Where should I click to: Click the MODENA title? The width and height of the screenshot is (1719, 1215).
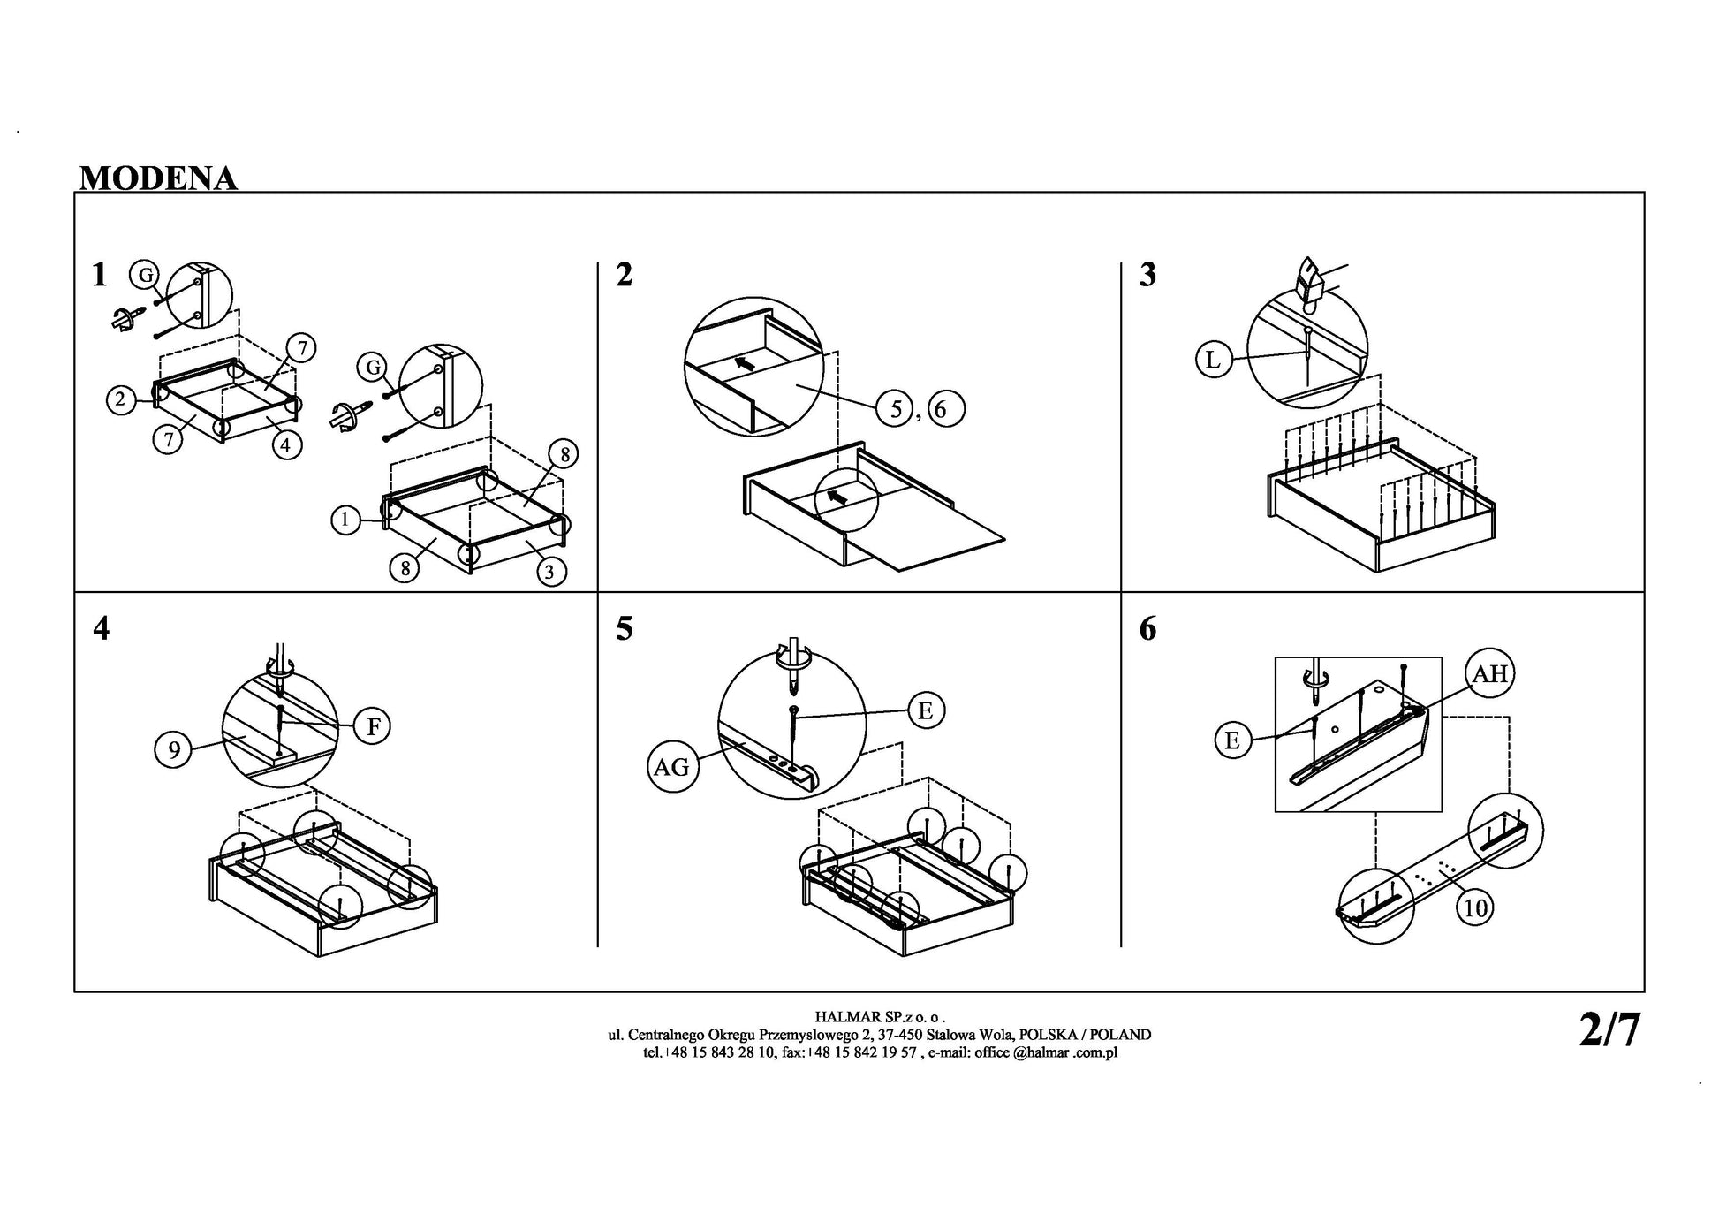click(x=158, y=178)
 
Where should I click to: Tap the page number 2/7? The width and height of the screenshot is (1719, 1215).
click(x=1609, y=1029)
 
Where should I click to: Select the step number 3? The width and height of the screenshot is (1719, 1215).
click(x=1147, y=275)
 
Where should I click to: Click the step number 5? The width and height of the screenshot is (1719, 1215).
click(x=625, y=629)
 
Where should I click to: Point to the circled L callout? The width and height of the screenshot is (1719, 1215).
click(x=1214, y=360)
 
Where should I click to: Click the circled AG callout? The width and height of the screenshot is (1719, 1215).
click(x=671, y=767)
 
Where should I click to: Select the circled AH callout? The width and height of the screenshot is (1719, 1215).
click(x=1490, y=674)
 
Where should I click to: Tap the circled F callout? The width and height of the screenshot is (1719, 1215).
click(x=373, y=726)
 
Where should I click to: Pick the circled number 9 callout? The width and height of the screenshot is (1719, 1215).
click(x=174, y=750)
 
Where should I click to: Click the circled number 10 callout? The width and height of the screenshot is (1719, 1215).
click(x=1476, y=907)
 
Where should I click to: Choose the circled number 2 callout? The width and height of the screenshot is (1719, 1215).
click(x=121, y=399)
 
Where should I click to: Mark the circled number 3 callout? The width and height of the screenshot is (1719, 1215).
click(x=549, y=572)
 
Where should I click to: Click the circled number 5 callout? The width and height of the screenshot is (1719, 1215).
click(x=896, y=408)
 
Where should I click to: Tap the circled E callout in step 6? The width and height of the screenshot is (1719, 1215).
click(x=1232, y=740)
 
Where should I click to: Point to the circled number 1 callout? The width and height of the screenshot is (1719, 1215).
click(x=345, y=520)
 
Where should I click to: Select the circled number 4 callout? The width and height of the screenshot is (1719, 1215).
click(x=285, y=445)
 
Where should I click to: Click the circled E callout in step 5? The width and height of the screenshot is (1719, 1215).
click(x=926, y=710)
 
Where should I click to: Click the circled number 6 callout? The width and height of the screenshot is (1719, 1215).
click(x=946, y=408)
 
